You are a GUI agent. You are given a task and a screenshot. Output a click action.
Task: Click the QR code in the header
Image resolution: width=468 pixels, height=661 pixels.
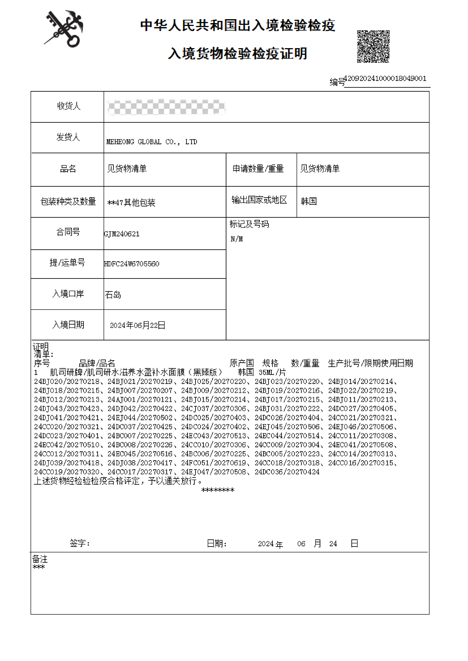(x=373, y=46)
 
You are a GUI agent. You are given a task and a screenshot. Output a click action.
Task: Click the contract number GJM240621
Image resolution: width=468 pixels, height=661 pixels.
(x=122, y=234)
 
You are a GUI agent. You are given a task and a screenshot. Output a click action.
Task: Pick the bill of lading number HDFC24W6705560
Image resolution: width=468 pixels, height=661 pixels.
(x=132, y=264)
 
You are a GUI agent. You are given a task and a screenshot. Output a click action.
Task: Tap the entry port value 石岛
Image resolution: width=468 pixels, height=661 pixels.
(x=113, y=295)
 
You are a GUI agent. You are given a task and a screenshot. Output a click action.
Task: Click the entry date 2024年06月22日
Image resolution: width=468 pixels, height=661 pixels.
(x=138, y=325)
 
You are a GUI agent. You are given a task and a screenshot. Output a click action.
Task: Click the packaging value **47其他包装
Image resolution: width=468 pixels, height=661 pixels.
(x=131, y=202)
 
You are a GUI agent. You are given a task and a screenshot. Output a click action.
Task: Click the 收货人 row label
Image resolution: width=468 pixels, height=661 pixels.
(x=69, y=106)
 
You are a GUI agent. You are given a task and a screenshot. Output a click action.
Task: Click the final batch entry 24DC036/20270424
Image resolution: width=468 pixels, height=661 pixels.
(x=287, y=472)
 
